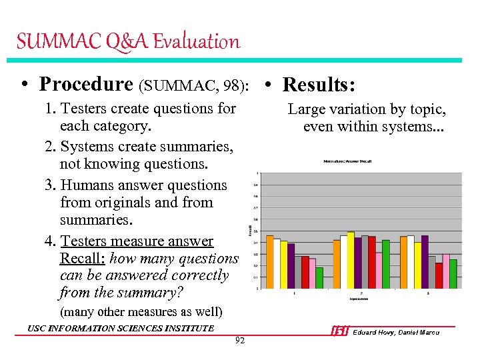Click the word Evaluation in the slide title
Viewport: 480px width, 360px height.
196,42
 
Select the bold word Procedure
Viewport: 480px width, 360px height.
86,84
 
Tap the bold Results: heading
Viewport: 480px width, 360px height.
319,85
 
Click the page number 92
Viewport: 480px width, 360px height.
240,341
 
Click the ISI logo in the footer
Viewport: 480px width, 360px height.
339,331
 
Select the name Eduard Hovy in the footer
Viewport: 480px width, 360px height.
373,332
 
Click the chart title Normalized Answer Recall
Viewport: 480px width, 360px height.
346,161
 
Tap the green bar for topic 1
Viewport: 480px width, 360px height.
319,277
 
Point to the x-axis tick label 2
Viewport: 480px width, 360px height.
361,293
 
